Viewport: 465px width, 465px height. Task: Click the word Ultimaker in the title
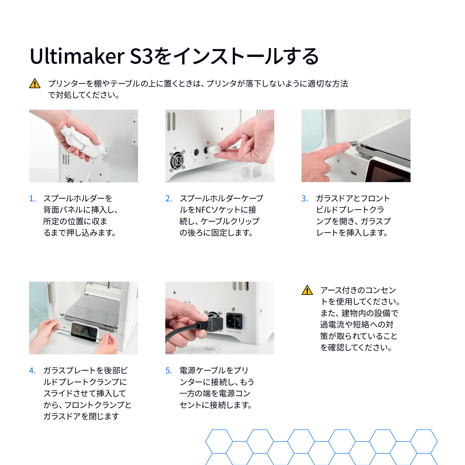[77, 56]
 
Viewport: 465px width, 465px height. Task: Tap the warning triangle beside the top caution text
[35, 83]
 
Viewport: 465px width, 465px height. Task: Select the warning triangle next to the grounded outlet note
[307, 290]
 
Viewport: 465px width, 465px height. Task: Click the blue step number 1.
[32, 198]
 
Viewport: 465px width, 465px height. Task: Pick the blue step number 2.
[169, 198]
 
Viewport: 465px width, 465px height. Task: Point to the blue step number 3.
[305, 198]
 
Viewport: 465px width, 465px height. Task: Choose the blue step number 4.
[32, 371]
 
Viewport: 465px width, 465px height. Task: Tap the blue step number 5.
[169, 371]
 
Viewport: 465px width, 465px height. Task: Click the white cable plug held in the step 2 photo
[214, 149]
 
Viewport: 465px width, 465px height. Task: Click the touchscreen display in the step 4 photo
[84, 331]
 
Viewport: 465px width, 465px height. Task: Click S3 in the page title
[141, 56]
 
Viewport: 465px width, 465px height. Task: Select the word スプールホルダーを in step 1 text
[78, 198]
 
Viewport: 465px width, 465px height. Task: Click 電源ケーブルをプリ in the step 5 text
[214, 371]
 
